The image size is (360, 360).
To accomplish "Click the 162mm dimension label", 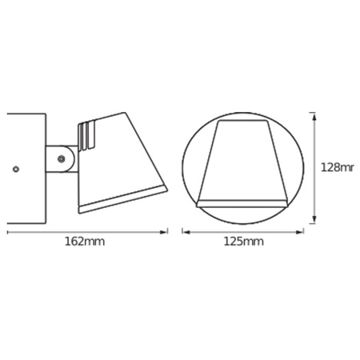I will pos(87,242).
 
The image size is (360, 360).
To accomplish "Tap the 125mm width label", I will pos(243,242).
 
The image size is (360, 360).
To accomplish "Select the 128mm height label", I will pos(337,167).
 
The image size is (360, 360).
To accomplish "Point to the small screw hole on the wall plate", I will pos(16,169).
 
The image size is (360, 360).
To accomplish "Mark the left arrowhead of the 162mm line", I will pos(9,233).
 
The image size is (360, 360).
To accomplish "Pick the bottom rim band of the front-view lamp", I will pos(244,202).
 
